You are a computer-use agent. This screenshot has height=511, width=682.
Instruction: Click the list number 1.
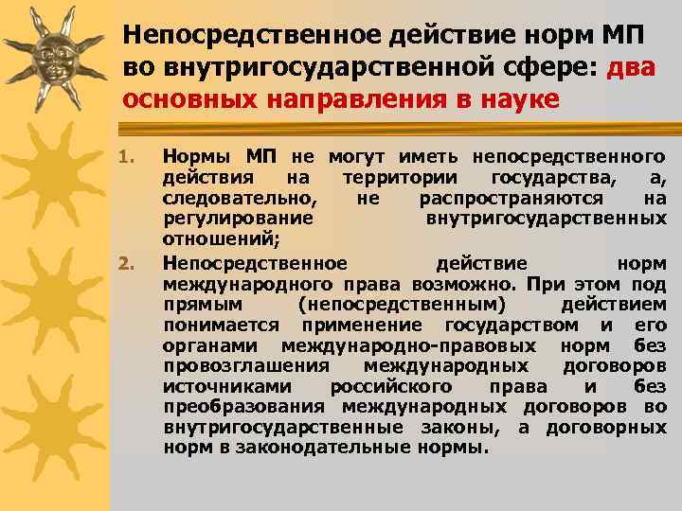pos(133,155)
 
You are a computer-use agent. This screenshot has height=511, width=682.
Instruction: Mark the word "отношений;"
pos(210,240)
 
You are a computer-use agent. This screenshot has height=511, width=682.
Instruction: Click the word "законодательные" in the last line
pos(335,448)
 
